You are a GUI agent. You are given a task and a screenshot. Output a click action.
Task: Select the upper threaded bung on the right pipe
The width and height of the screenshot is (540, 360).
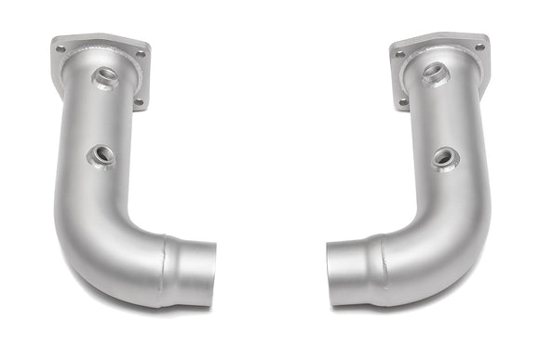pos(434,73)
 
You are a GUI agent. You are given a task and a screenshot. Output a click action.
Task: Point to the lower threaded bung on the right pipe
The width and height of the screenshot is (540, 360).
pos(443,159)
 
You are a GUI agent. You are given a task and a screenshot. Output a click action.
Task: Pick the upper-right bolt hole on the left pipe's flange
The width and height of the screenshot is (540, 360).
pos(140,55)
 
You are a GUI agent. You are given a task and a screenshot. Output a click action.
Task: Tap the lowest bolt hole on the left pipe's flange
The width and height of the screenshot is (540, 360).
pos(139,101)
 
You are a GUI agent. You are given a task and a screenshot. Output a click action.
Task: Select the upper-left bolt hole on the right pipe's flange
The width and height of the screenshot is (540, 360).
pos(400,55)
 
